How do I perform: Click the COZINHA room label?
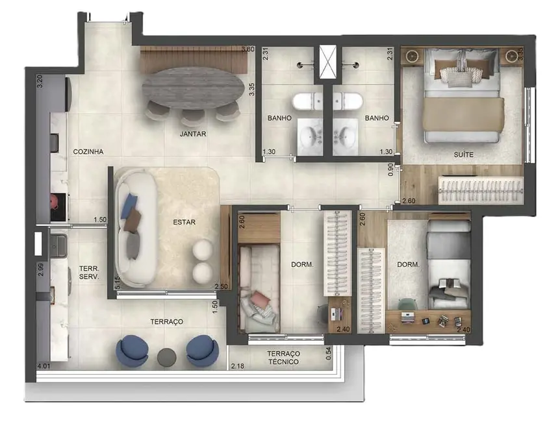[88, 151]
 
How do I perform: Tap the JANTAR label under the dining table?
[193, 134]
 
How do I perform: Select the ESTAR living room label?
[184, 222]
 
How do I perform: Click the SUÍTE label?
[463, 155]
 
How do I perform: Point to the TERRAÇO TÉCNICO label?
[283, 358]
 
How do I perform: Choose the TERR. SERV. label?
[88, 272]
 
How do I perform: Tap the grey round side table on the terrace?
[167, 356]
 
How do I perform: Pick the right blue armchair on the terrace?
[202, 351]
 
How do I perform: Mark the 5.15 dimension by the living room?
[117, 282]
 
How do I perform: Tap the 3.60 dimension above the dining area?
[247, 49]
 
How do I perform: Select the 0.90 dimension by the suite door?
[390, 170]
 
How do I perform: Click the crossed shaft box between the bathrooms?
[328, 63]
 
